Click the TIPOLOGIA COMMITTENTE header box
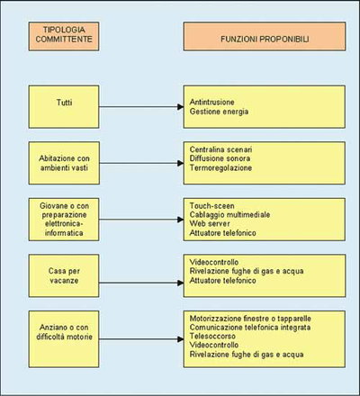(64, 36)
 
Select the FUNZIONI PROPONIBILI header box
(265, 36)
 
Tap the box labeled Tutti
(64, 107)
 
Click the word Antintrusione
(211, 102)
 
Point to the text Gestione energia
(219, 112)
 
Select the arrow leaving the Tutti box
(141, 106)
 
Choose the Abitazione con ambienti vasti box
(64, 163)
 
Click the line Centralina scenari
(220, 149)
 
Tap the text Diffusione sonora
(220, 158)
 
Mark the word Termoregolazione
(220, 167)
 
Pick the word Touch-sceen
(211, 206)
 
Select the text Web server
(210, 223)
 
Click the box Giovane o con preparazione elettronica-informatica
(64, 220)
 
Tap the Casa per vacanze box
(64, 275)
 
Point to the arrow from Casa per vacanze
(141, 283)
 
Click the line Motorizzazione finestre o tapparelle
(250, 319)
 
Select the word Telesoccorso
(212, 336)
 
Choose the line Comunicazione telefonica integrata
(250, 328)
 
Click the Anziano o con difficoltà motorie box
(64, 339)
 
